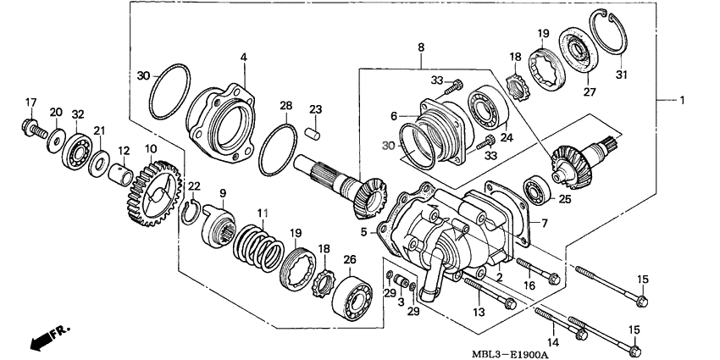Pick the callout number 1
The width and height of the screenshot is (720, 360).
[x=680, y=101]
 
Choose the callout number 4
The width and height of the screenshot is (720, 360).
[x=242, y=58]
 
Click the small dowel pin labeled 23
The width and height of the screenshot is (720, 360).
[x=313, y=133]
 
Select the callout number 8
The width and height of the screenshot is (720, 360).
[x=419, y=49]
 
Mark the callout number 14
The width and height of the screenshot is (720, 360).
[x=555, y=342]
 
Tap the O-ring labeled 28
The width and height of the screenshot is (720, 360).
[x=277, y=147]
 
